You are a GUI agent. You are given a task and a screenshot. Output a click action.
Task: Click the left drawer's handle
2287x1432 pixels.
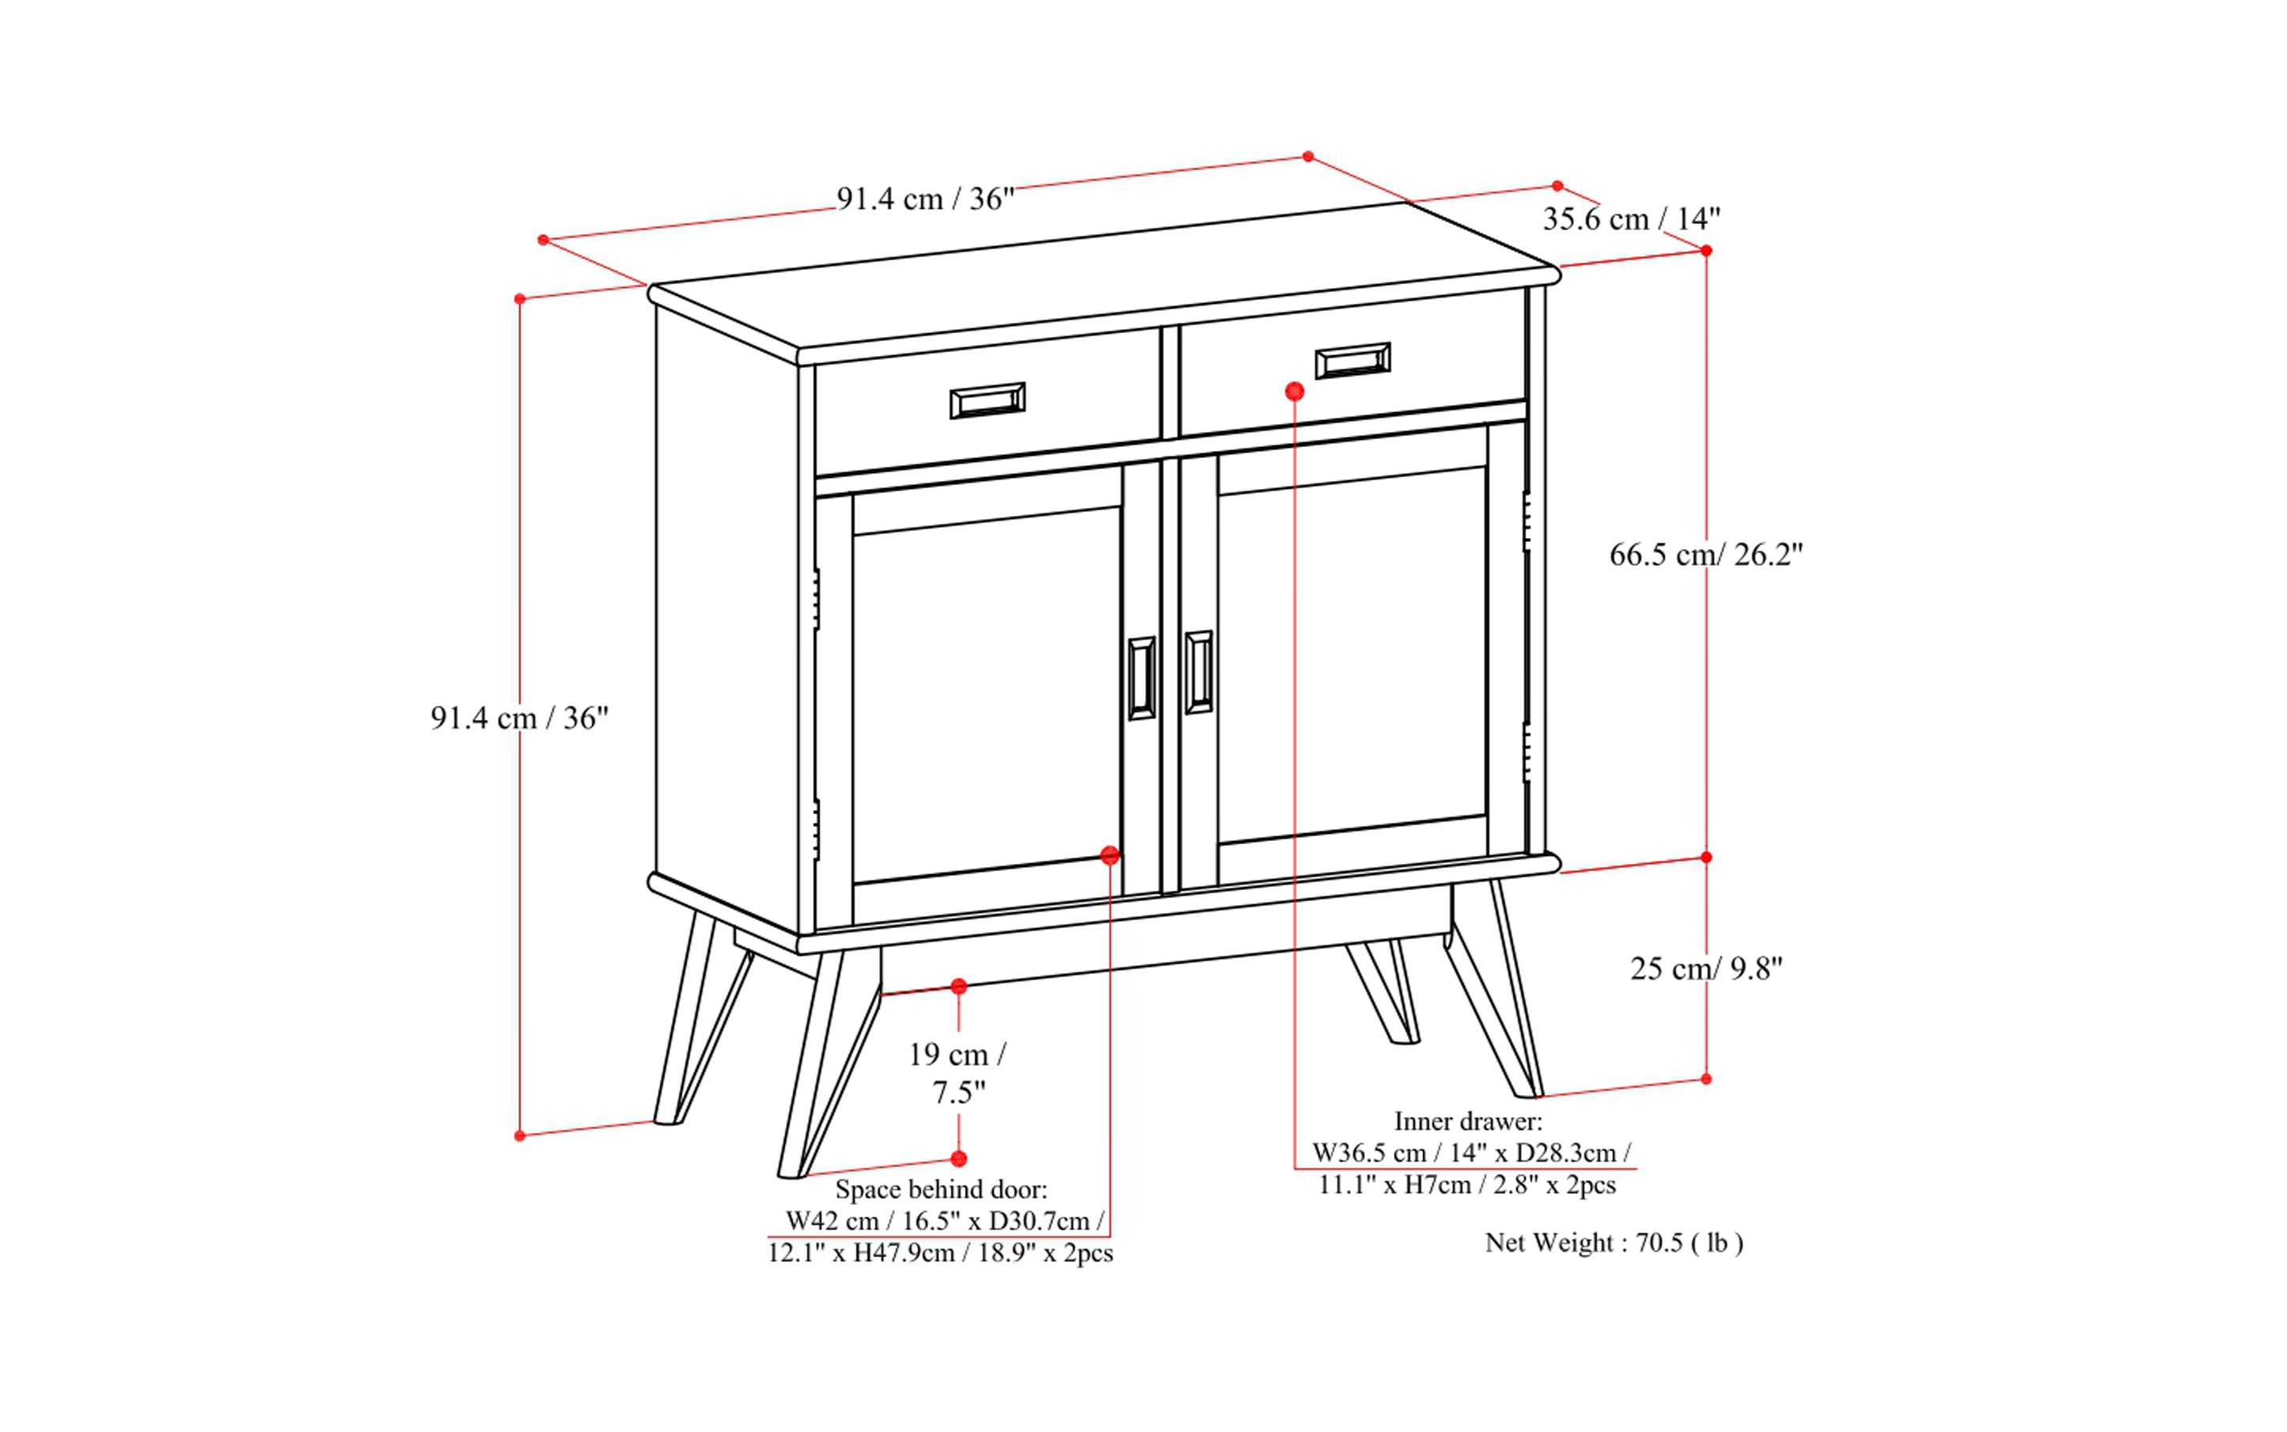pyautogui.click(x=987, y=400)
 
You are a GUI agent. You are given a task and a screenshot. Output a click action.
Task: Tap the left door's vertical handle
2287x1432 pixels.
pyautogui.click(x=1142, y=677)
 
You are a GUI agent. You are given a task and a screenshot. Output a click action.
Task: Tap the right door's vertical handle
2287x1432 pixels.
pyautogui.click(x=1198, y=672)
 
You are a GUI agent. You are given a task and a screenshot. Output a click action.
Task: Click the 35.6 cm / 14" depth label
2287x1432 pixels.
pyautogui.click(x=1632, y=219)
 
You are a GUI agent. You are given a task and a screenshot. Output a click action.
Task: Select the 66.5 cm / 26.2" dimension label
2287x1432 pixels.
pyautogui.click(x=1706, y=554)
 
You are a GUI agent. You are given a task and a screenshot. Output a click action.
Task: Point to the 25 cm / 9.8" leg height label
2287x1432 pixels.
pyautogui.click(x=1706, y=968)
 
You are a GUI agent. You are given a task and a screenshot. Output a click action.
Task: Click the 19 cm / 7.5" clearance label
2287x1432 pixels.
pyautogui.click(x=958, y=1073)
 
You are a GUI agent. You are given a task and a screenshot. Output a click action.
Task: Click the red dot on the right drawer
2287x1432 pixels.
pyautogui.click(x=1295, y=391)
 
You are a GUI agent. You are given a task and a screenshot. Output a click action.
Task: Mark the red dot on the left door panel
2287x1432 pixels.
pyautogui.click(x=1110, y=855)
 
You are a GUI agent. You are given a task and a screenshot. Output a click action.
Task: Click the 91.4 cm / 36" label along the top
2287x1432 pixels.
pyautogui.click(x=926, y=199)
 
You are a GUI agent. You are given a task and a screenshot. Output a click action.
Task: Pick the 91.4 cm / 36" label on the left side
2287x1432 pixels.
pyautogui.click(x=519, y=718)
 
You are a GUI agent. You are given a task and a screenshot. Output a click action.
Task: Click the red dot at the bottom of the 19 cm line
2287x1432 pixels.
pyautogui.click(x=959, y=1158)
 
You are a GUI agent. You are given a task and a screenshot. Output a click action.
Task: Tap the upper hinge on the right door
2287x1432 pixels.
pyautogui.click(x=1527, y=521)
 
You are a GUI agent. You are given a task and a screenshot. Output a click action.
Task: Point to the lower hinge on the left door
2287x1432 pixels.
pyautogui.click(x=817, y=830)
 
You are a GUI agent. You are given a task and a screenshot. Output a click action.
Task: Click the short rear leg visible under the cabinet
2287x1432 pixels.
pyautogui.click(x=1385, y=991)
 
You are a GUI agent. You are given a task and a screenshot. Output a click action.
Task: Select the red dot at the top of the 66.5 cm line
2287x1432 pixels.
pyautogui.click(x=1706, y=251)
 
